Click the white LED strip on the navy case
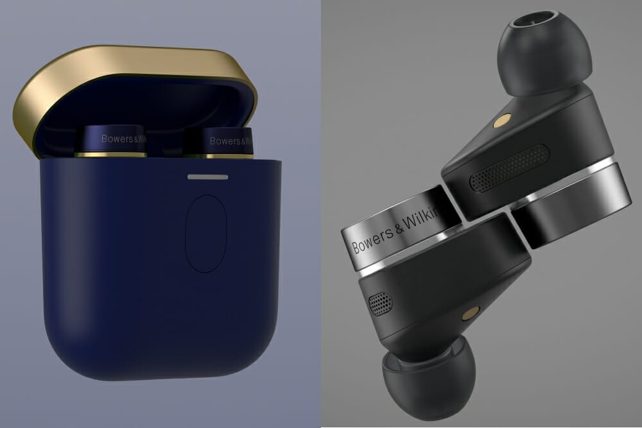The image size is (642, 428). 207,176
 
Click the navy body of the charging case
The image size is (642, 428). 128,270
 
